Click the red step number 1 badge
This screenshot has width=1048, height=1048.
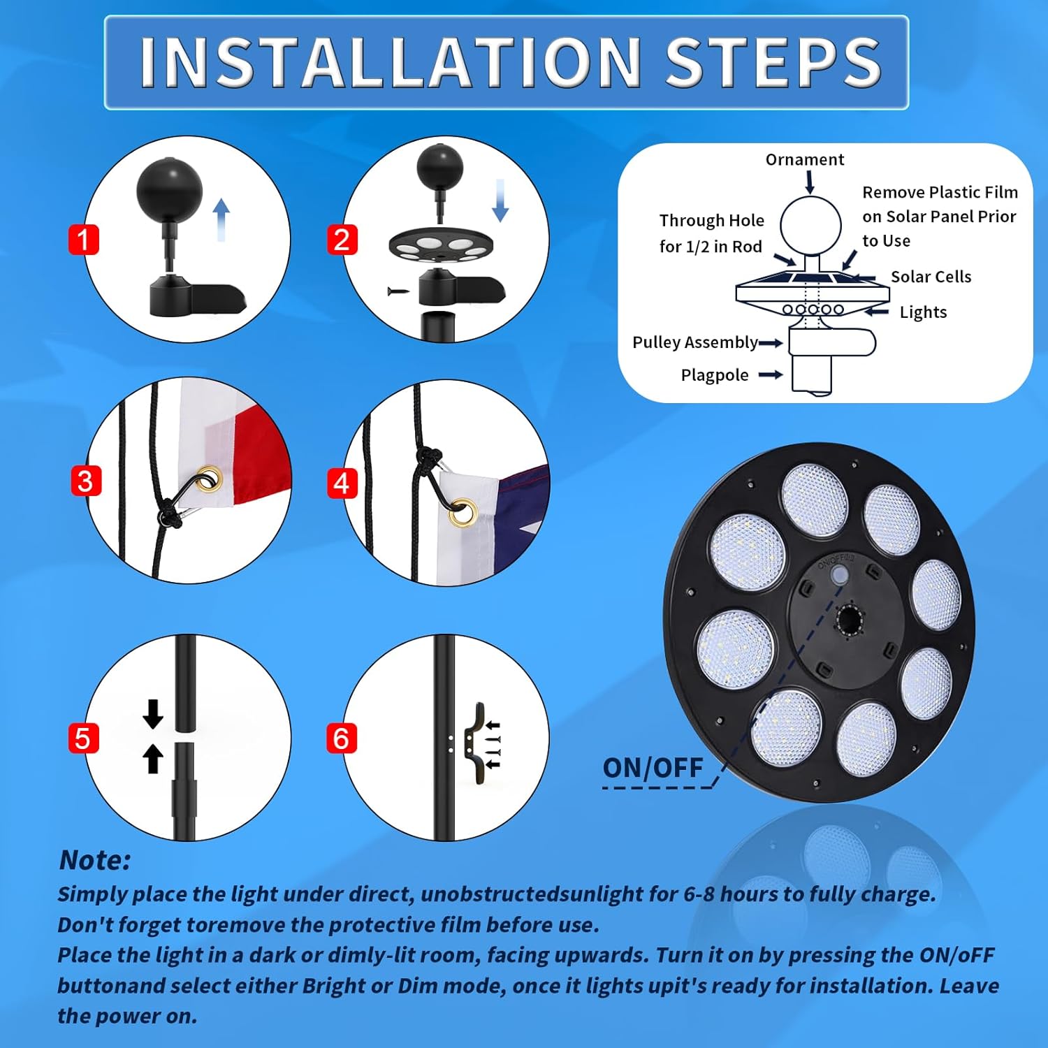(x=83, y=240)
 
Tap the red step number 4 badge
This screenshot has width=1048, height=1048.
(x=342, y=483)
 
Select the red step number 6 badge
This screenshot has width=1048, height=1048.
(x=342, y=738)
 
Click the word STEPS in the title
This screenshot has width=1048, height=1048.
(x=773, y=62)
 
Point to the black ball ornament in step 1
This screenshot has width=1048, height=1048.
(x=169, y=189)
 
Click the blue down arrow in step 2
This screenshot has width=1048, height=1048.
(x=500, y=200)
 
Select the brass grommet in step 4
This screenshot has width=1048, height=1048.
(x=464, y=511)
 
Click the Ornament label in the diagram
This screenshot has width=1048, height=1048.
(x=805, y=160)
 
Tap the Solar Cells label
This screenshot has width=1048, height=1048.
(x=931, y=277)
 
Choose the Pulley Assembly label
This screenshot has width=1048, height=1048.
(x=695, y=342)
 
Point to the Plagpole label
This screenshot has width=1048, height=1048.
(x=715, y=375)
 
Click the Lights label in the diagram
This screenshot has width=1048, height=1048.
(x=923, y=312)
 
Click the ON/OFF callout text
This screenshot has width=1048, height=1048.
(x=653, y=768)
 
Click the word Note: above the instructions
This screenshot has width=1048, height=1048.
(x=95, y=860)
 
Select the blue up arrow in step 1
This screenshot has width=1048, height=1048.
(x=221, y=219)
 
